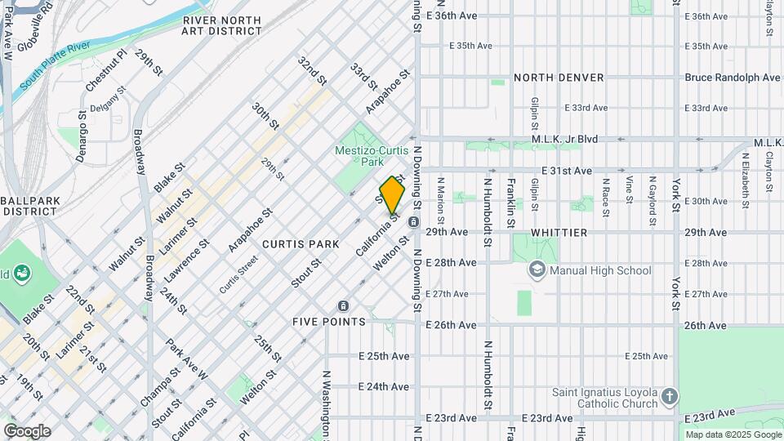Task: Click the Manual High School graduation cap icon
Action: coord(537,269)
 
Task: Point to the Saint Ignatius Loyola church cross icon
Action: coord(669,397)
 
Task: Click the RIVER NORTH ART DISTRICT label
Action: coord(222,25)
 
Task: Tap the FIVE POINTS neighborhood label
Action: coord(329,322)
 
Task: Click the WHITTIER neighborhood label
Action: coord(559,233)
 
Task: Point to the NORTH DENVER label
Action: coord(559,78)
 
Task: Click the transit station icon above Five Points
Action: coord(343,305)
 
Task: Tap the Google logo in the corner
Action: coord(27,430)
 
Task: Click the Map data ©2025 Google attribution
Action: coord(733,434)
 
